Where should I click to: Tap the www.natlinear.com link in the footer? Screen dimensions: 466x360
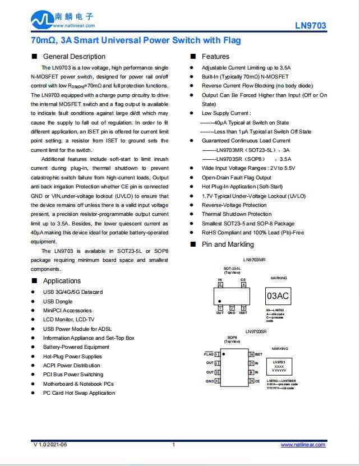303,444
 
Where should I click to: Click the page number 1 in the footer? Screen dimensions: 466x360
174,445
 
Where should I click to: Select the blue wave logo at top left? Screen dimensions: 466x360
42,21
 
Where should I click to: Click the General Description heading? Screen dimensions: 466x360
74,57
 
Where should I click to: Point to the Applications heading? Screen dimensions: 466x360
62,281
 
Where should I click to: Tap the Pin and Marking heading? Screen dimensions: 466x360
228,244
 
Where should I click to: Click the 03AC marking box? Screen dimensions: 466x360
279,296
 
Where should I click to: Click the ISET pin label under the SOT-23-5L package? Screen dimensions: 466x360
243,313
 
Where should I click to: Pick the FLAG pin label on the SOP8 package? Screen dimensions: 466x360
209,354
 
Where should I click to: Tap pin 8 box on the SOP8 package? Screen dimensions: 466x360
250,354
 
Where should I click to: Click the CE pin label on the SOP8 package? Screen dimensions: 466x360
257,381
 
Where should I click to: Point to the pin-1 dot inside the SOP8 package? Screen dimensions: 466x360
224,354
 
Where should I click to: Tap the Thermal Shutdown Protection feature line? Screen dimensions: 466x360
237,214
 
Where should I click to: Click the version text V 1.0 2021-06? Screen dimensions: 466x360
50,445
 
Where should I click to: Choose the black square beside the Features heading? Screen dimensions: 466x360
193,57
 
